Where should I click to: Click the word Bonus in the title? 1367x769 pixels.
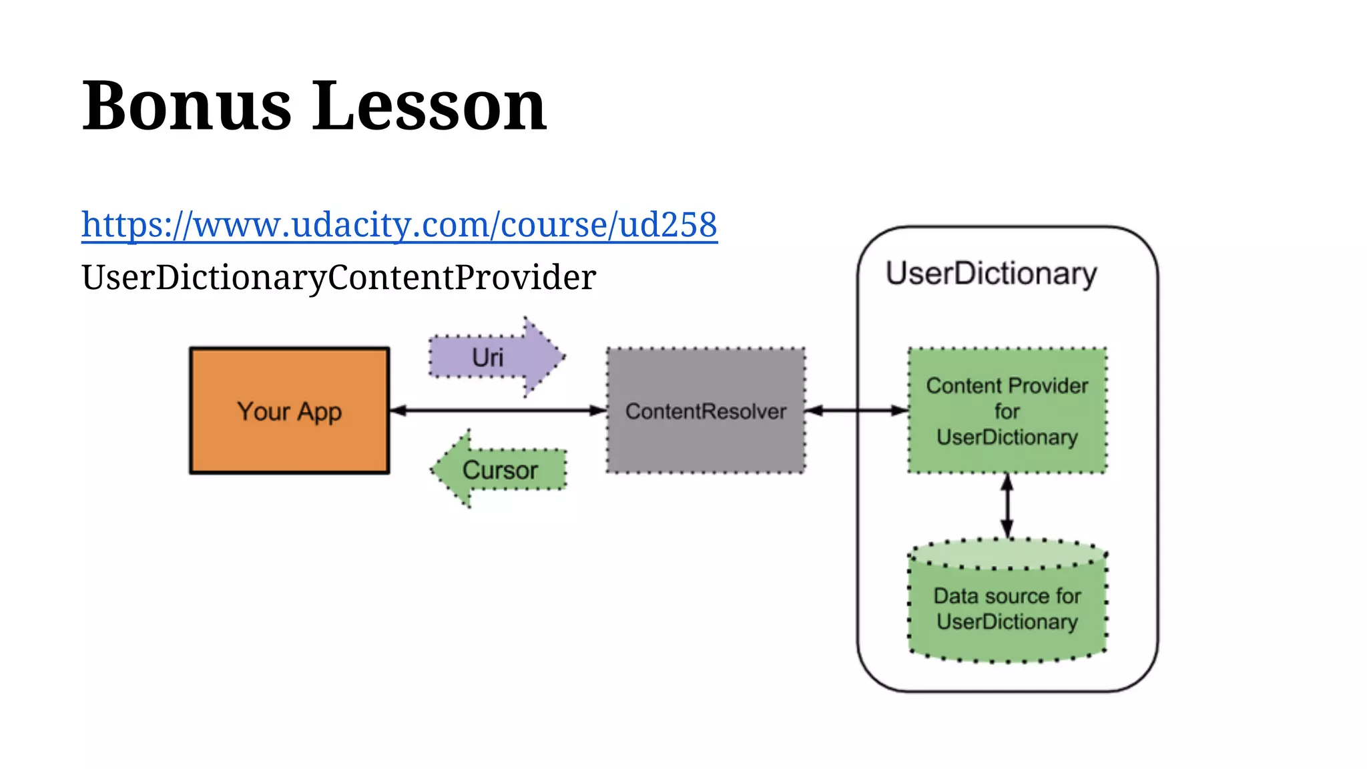(x=187, y=106)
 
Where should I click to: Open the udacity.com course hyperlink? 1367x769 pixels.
(x=399, y=224)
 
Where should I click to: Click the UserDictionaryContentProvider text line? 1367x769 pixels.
(x=338, y=277)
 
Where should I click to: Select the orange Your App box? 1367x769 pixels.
(x=289, y=411)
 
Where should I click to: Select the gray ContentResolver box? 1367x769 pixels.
(x=706, y=411)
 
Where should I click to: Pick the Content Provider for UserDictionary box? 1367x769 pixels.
(x=1007, y=411)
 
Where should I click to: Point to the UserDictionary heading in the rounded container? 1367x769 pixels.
(x=991, y=274)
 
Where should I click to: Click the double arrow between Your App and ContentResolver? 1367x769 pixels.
(x=497, y=411)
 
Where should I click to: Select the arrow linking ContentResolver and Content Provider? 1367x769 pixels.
(x=856, y=411)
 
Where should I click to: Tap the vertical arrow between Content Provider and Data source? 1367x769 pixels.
(x=1007, y=506)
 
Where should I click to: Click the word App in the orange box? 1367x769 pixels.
(x=319, y=412)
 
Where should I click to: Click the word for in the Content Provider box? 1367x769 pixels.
(x=1007, y=411)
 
